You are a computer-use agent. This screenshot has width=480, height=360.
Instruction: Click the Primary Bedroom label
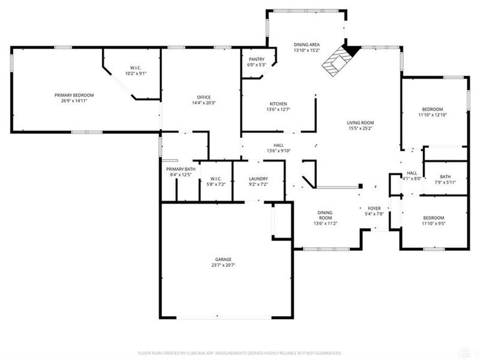point(74,95)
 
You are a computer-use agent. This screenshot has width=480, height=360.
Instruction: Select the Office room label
point(203,98)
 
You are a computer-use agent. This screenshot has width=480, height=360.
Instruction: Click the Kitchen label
point(278,103)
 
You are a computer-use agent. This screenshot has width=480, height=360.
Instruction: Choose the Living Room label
point(360,122)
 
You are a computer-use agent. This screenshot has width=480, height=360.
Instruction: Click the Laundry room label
point(258,179)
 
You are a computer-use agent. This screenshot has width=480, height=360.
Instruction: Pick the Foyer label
point(374,207)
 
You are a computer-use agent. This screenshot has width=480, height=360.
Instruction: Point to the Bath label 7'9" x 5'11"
point(445,176)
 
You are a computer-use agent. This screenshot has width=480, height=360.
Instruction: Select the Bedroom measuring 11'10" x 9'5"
point(433,218)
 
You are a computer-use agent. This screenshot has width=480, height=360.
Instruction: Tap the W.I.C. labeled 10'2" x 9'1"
point(136,67)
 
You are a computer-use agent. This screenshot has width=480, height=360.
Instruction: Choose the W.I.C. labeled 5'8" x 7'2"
point(216,179)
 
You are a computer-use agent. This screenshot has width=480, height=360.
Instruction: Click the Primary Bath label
point(181,169)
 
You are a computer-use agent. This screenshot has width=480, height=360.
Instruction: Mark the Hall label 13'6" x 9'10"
point(278,145)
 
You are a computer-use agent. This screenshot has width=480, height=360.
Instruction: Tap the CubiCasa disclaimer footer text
point(240,353)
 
